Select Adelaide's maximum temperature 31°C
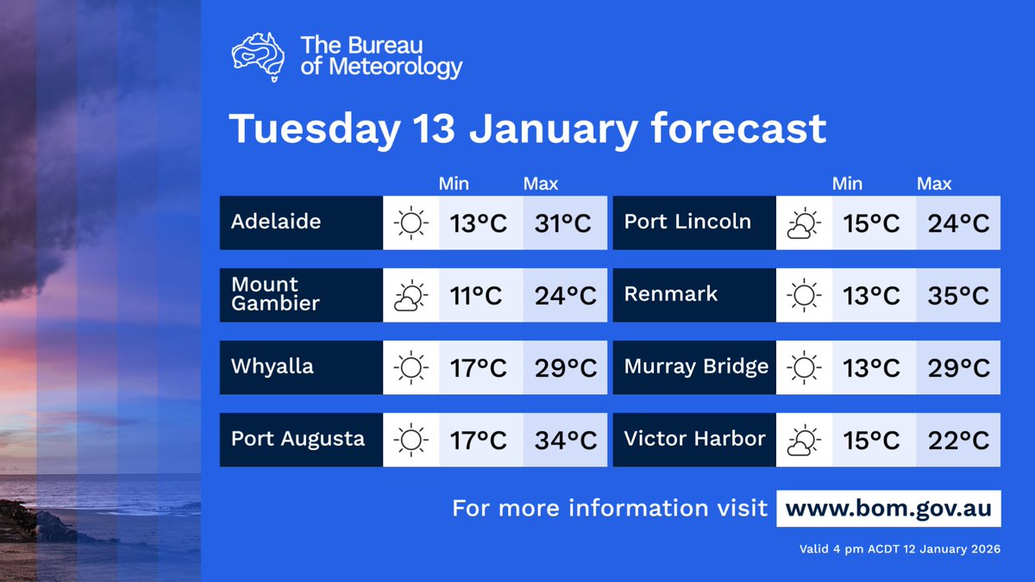[x=565, y=222]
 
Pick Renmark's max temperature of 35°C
[x=958, y=295]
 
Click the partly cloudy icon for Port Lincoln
[x=803, y=223]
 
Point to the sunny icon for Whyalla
[x=411, y=367]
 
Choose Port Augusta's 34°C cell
[x=565, y=440]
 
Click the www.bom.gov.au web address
[x=888, y=508]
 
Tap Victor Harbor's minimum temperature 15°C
[x=871, y=440]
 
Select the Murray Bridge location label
[x=696, y=367]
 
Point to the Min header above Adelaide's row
[x=454, y=184]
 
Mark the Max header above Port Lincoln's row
[x=934, y=184]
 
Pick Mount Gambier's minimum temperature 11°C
[x=477, y=295]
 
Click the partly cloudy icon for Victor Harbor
[x=803, y=441]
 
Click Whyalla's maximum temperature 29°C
[x=565, y=367]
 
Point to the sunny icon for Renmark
[x=803, y=296]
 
